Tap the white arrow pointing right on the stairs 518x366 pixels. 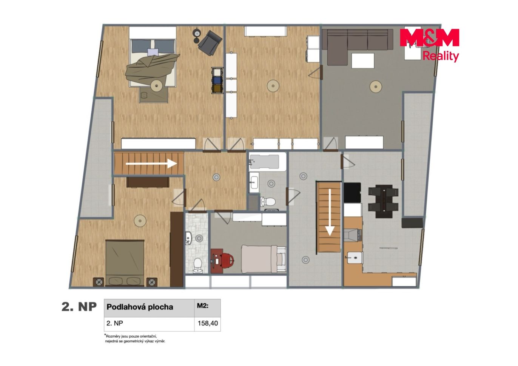point(151,164)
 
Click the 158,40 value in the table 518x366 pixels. point(207,323)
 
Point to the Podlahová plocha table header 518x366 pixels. point(140,307)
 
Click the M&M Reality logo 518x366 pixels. point(429,45)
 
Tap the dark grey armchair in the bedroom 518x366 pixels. point(210,43)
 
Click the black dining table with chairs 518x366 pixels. point(383,201)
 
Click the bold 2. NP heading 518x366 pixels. point(79,307)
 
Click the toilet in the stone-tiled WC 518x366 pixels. point(197,266)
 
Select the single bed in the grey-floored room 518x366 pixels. point(264,259)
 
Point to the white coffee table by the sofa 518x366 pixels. point(362,60)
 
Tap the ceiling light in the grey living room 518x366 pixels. point(376,87)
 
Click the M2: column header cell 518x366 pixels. point(207,308)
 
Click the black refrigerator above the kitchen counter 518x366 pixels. point(352,193)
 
